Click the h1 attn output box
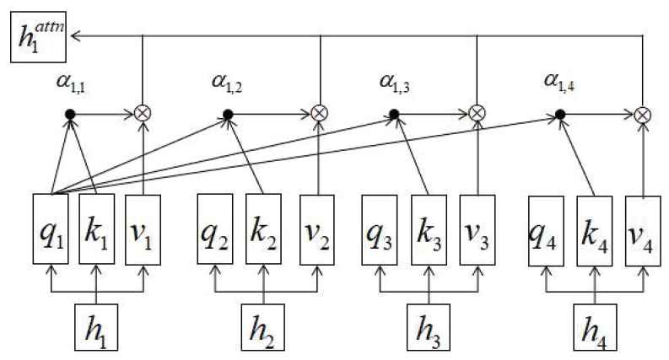37,36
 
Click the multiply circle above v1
143,113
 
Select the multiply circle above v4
642,113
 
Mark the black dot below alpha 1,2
228,113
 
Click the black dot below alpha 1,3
394,113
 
